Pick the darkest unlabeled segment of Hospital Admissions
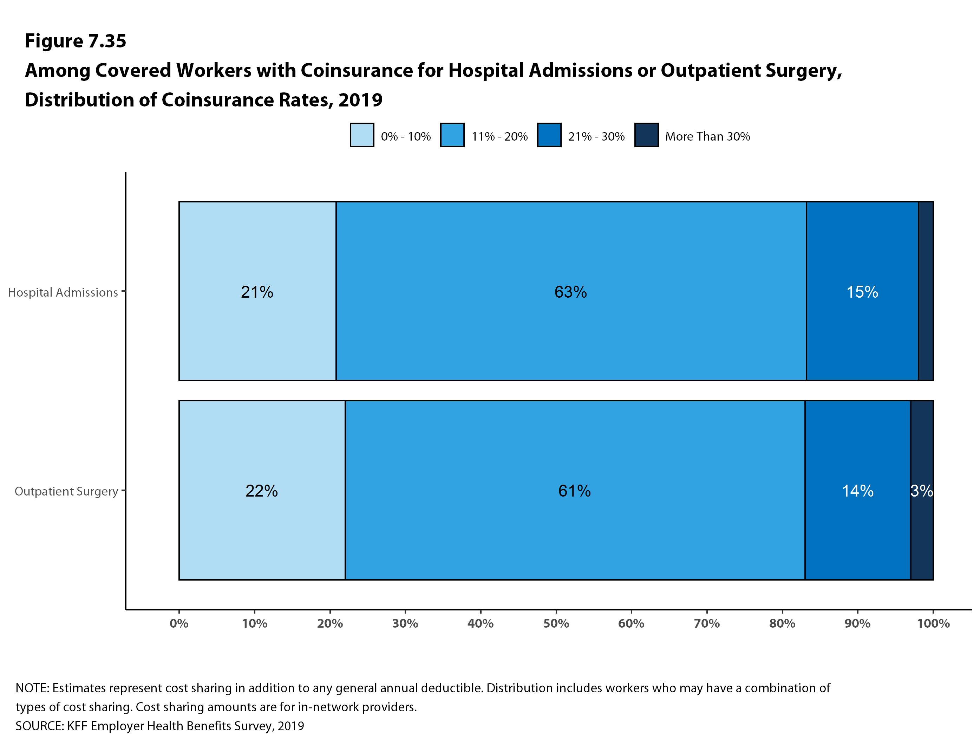point(926,291)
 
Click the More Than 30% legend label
point(707,136)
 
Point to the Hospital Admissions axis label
point(63,292)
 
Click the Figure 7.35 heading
point(75,41)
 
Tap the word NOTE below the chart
point(32,688)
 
